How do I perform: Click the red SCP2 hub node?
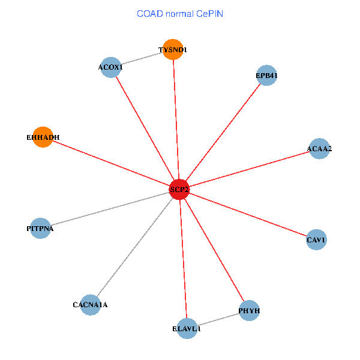(x=179, y=190)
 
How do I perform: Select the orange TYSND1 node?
(x=173, y=50)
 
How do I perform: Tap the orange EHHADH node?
(x=43, y=137)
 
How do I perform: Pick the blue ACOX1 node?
(x=110, y=67)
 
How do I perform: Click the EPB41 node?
(x=266, y=76)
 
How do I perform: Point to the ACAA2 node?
(x=320, y=148)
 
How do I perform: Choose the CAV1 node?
(x=316, y=240)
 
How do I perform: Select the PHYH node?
(x=249, y=311)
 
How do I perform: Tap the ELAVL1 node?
(x=187, y=328)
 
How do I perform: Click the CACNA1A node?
(x=90, y=305)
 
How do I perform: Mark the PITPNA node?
(x=40, y=229)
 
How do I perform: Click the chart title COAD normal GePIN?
(x=180, y=13)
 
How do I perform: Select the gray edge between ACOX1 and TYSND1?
(x=142, y=59)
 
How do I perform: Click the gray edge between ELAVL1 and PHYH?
(x=218, y=319)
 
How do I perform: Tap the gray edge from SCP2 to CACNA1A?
(x=134, y=247)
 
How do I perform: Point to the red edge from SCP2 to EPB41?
(x=223, y=133)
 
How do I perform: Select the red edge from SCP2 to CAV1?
(x=248, y=215)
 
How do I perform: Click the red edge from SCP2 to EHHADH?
(x=111, y=163)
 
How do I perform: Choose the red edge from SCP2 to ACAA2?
(x=250, y=169)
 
